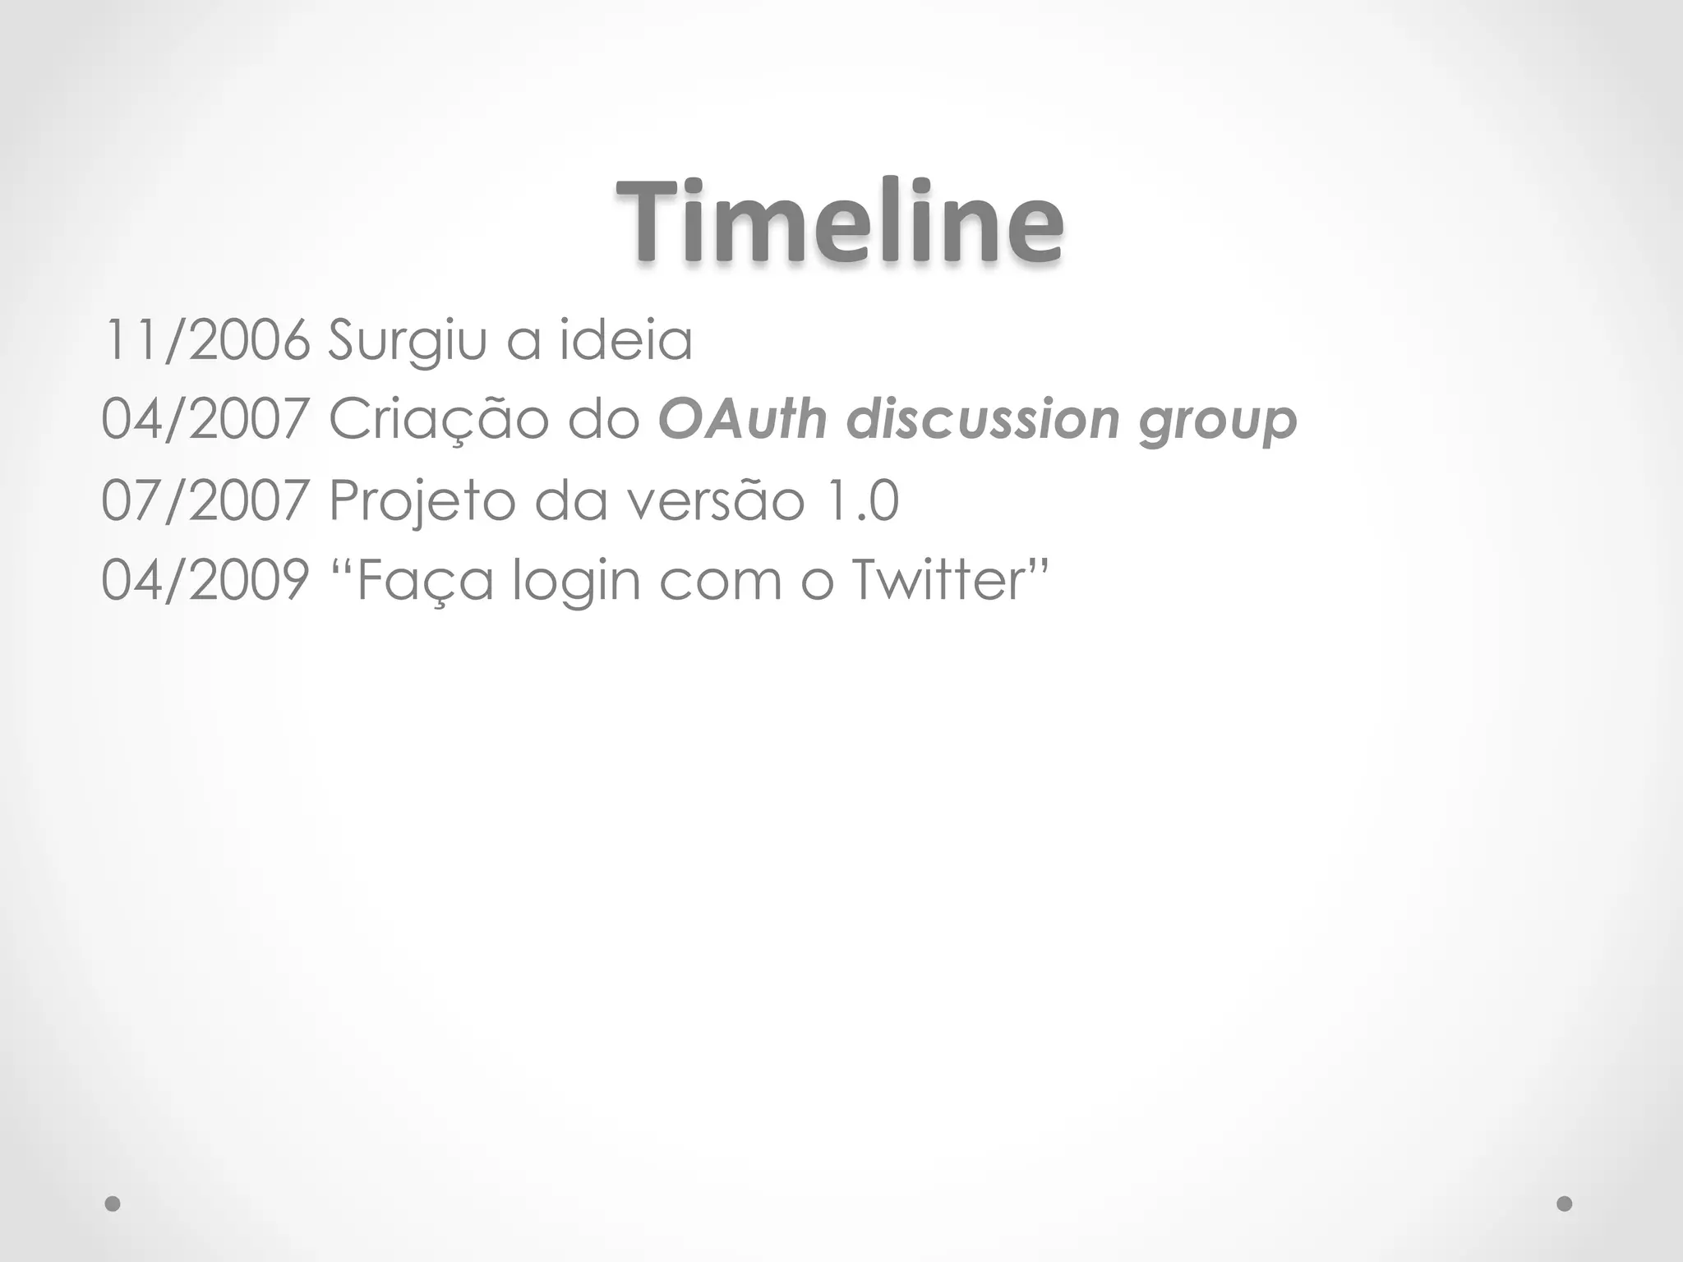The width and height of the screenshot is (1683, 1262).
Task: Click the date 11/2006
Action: point(205,341)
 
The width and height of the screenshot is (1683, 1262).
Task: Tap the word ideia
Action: point(626,339)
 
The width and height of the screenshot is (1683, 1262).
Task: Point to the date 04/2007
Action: point(205,420)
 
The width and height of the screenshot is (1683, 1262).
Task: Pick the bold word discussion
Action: point(983,419)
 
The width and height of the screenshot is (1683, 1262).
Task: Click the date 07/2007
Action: point(205,500)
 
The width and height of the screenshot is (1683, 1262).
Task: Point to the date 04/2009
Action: point(205,580)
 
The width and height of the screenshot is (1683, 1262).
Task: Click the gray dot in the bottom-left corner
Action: point(113,1204)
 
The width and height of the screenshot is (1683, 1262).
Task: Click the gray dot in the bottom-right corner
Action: point(1565,1204)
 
